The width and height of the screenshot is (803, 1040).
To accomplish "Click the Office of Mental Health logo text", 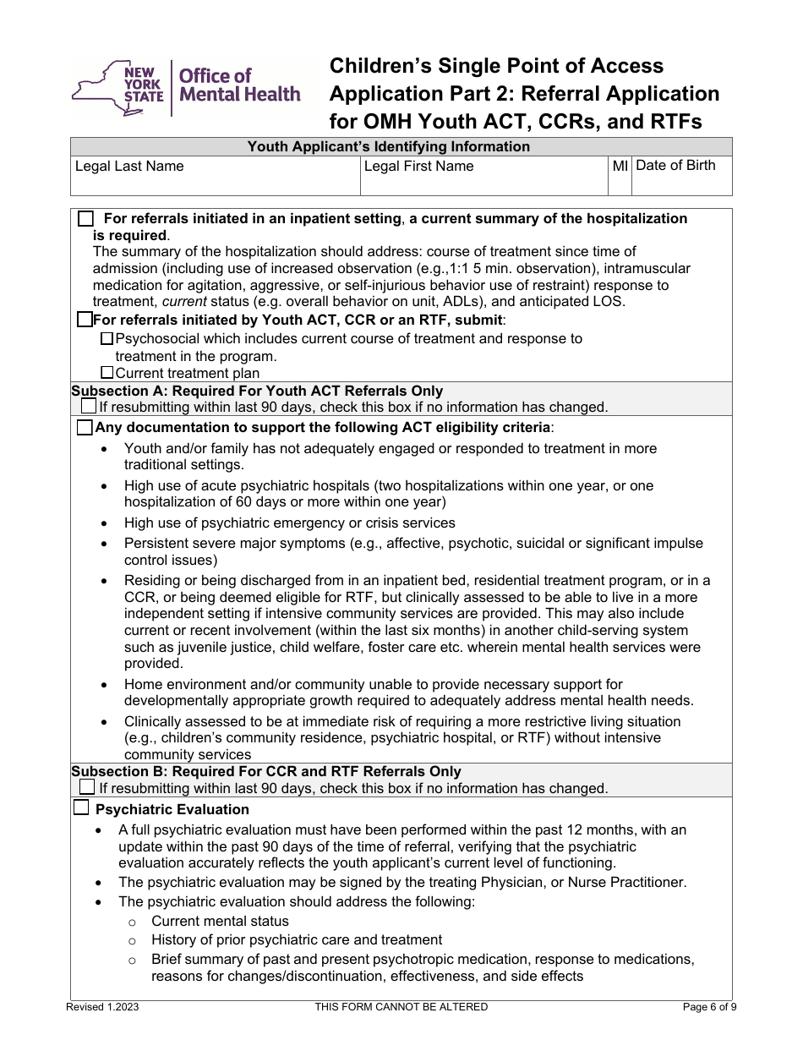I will coord(238,85).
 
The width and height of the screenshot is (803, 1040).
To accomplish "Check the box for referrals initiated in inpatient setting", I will coord(85,219).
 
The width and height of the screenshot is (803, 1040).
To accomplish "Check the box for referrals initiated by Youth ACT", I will coord(85,320).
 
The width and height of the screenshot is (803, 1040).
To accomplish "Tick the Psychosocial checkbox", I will coord(107,338).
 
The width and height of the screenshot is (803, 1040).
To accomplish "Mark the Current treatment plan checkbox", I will coord(107,372).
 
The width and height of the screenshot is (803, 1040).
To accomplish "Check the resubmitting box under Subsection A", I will coord(89,407).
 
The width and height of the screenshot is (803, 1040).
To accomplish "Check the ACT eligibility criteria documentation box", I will coord(85,428).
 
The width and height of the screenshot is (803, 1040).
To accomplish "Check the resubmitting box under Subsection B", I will coord(89,787).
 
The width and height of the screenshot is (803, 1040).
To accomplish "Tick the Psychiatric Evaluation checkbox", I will coord(81,808).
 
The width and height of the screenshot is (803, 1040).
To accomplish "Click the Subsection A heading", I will coord(257,391).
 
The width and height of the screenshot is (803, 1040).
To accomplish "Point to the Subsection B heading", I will coord(266,771).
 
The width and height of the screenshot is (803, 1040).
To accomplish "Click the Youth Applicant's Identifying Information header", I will coord(388,146).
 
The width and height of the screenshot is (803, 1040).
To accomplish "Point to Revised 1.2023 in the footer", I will coord(98,1007).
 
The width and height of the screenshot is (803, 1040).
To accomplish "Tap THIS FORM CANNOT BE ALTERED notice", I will coord(401,1007).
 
